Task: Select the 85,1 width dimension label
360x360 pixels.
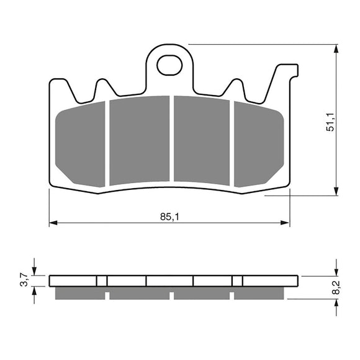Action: [169, 217]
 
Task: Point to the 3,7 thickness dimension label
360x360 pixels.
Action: [24, 281]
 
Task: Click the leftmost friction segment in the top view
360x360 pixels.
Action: [81, 146]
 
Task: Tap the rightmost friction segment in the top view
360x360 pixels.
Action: [257, 146]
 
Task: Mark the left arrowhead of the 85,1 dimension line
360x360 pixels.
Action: [53, 222]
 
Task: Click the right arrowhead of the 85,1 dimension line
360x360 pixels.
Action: [286, 222]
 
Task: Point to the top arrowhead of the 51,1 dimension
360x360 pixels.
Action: [336, 48]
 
